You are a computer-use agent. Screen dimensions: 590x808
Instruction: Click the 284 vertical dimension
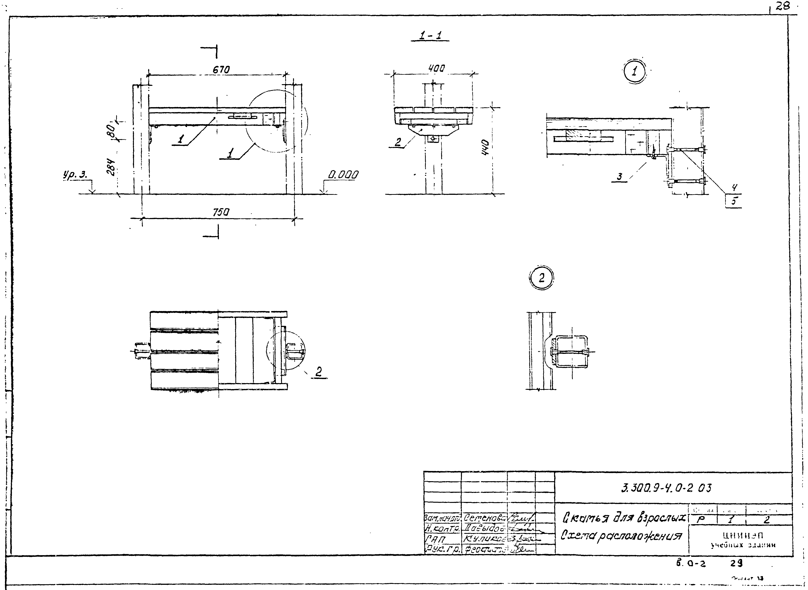click(x=111, y=167)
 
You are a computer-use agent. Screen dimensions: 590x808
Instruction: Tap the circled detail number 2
click(x=541, y=278)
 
